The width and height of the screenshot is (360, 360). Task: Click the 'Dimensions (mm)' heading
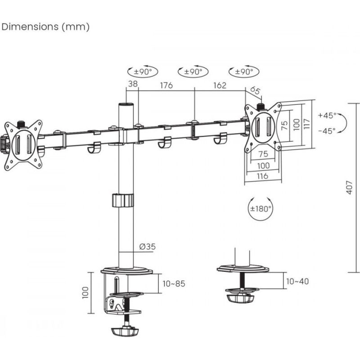45,27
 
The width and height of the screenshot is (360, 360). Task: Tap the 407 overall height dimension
349,187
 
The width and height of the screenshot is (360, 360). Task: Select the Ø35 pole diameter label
148,247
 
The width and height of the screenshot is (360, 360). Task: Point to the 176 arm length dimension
166,85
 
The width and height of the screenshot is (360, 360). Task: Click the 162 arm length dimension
220,85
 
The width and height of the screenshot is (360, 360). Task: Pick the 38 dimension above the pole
133,84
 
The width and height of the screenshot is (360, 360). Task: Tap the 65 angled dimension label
255,90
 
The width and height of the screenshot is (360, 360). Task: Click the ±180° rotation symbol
261,208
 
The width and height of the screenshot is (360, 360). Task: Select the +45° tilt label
327,115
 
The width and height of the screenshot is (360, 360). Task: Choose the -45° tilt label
327,131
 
